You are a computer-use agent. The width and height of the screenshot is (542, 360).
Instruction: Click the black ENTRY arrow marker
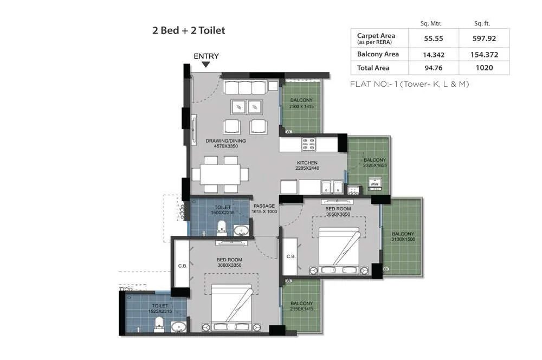click(x=206, y=65)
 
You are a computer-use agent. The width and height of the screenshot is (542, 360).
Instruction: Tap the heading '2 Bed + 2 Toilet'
click(x=189, y=30)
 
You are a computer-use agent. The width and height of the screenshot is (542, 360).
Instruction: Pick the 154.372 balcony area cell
click(x=484, y=55)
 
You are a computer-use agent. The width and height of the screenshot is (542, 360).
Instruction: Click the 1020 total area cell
click(x=484, y=68)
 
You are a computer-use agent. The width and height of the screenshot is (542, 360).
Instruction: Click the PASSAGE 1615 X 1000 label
click(x=264, y=209)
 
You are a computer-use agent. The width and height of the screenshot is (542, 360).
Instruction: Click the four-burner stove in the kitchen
click(x=309, y=144)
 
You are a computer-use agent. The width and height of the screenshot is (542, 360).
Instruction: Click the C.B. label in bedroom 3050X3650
click(x=291, y=256)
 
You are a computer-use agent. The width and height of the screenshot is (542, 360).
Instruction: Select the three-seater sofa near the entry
click(x=245, y=87)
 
